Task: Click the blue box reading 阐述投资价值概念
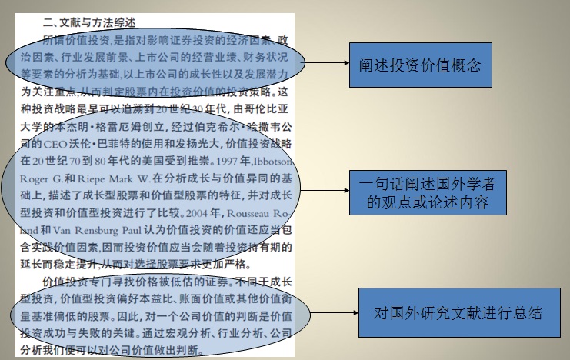(x=419, y=65)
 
